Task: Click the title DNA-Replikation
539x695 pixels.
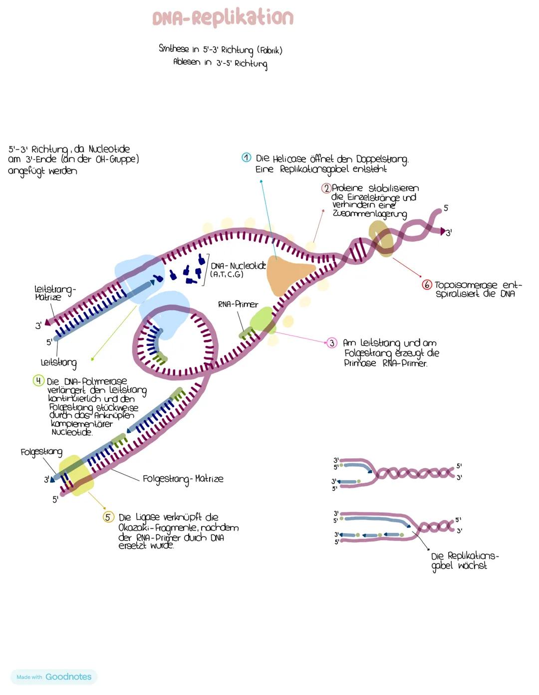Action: point(223,18)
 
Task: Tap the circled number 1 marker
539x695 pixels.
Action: point(246,158)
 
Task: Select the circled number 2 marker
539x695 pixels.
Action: point(326,188)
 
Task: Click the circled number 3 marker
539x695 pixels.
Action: point(332,343)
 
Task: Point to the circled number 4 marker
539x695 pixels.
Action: point(38,381)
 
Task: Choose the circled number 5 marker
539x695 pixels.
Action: point(108,517)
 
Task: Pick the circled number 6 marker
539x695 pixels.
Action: point(427,285)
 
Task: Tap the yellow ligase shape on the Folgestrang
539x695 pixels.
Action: point(75,475)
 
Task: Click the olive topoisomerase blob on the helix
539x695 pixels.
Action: point(382,238)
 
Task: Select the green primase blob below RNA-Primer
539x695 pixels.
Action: point(263,320)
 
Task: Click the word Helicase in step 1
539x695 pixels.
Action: point(289,159)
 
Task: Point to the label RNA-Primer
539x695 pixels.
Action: point(238,304)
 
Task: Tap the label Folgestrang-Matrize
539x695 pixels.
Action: point(183,479)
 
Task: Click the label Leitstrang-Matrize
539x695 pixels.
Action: point(54,293)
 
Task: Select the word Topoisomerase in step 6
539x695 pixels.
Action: point(466,285)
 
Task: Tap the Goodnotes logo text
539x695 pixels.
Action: point(68,677)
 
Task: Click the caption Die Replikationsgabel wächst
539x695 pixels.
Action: point(464,561)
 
